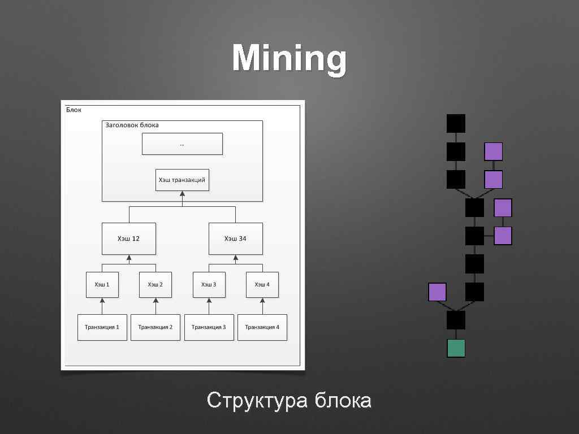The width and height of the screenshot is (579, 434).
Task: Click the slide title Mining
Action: (289, 59)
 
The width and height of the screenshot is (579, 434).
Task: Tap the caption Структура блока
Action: (289, 401)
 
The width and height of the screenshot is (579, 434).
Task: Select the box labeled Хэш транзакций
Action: (182, 180)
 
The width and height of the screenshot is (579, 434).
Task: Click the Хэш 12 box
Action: (128, 238)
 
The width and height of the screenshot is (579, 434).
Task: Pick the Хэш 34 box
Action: (235, 238)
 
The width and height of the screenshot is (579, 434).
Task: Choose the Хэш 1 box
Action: (102, 284)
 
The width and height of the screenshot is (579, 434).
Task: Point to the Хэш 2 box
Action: (155, 284)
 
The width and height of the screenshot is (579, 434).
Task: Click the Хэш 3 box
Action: (209, 284)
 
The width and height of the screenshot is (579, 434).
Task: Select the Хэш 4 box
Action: (262, 284)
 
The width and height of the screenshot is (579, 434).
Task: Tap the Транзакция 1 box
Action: (102, 327)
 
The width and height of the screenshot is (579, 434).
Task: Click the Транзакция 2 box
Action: (155, 327)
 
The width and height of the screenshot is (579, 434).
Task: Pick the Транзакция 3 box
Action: (209, 327)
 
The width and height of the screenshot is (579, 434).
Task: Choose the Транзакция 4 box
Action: (262, 327)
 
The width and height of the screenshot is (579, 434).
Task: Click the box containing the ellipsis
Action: (182, 144)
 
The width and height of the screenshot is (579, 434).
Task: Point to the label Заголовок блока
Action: (132, 125)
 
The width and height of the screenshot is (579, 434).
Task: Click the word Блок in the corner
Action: (74, 109)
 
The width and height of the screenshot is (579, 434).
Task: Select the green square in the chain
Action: (456, 348)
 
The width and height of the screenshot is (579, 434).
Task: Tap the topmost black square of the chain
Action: (456, 123)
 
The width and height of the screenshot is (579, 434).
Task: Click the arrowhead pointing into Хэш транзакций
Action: (182, 194)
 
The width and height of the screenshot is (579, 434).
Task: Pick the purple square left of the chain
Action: (437, 292)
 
